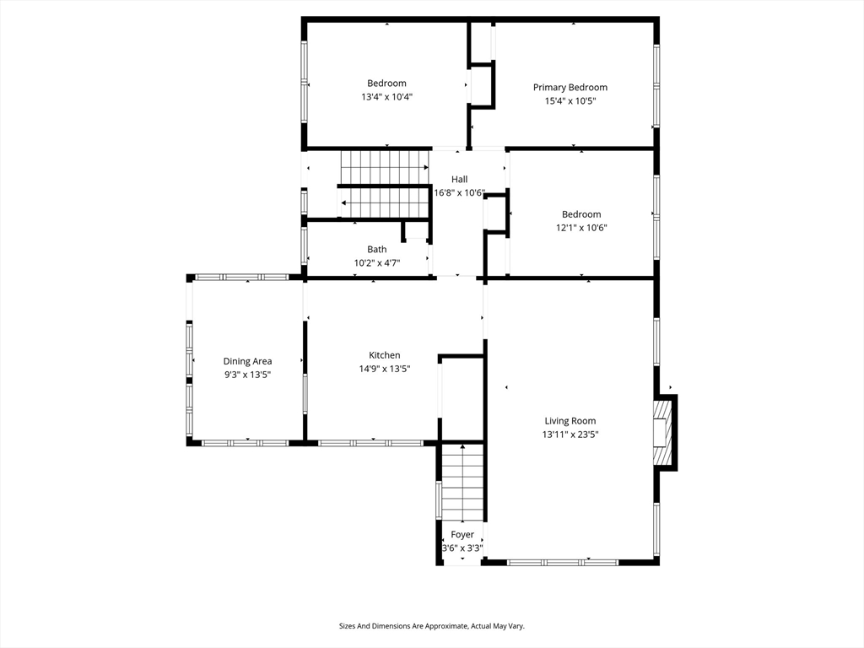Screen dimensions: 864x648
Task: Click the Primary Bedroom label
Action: [x=570, y=87]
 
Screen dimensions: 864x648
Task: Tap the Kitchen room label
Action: [x=385, y=355]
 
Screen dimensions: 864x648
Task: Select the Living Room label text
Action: [x=570, y=421]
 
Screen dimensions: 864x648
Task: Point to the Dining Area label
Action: [x=247, y=361]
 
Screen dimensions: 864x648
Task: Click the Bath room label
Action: [x=377, y=250]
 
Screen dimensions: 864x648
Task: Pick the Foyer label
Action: [x=462, y=534]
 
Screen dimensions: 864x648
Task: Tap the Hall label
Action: [x=460, y=179]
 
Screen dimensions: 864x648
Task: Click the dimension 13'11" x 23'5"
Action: [x=570, y=435]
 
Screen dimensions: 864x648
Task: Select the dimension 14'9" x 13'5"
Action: [x=385, y=369]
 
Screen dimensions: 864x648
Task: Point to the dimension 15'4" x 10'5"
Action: [x=570, y=101]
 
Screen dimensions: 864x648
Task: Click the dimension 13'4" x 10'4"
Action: [x=386, y=97]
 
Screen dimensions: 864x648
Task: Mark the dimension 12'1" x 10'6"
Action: [x=581, y=228]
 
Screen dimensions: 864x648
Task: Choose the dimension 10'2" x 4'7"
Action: [x=377, y=263]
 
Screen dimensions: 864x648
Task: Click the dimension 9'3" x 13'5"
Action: [x=247, y=375]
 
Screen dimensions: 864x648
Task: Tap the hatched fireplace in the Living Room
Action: [x=663, y=433]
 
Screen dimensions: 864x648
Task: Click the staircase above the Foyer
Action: [x=463, y=483]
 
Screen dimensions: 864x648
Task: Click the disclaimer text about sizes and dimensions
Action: [x=431, y=626]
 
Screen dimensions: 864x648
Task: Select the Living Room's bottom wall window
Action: [x=563, y=563]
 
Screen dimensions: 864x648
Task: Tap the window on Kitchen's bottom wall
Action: [x=370, y=443]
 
